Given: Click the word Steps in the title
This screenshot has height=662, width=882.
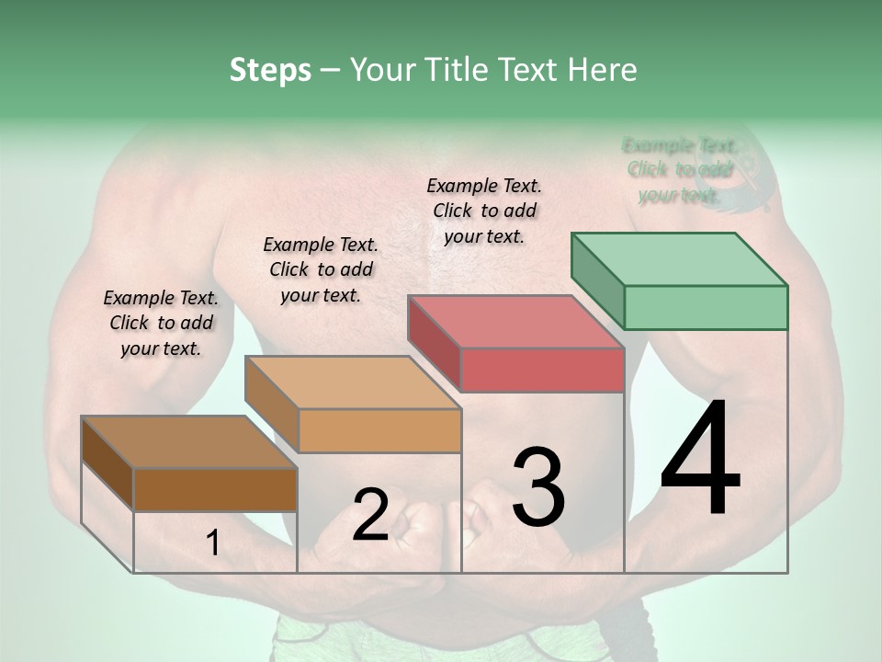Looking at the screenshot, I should pyautogui.click(x=269, y=70).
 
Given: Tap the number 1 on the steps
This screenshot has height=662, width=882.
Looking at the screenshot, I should pyautogui.click(x=212, y=544).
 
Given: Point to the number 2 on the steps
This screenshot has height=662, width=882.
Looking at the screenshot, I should pyautogui.click(x=370, y=515).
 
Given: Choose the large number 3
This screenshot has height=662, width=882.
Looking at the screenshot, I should pyautogui.click(x=537, y=487).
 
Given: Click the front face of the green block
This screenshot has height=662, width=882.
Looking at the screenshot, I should pyautogui.click(x=706, y=307).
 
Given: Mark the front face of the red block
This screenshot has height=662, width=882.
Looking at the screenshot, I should pyautogui.click(x=542, y=370).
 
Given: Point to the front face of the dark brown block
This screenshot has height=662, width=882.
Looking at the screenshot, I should pyautogui.click(x=215, y=489).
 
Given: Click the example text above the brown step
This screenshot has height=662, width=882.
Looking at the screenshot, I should pyautogui.click(x=161, y=323).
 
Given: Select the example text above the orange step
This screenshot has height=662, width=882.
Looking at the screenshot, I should pyautogui.click(x=321, y=269).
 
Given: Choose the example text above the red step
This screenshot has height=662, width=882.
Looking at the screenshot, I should pyautogui.click(x=484, y=211).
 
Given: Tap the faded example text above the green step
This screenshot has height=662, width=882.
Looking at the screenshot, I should pyautogui.click(x=680, y=170).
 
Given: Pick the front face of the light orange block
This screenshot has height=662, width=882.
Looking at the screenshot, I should pyautogui.click(x=379, y=430).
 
